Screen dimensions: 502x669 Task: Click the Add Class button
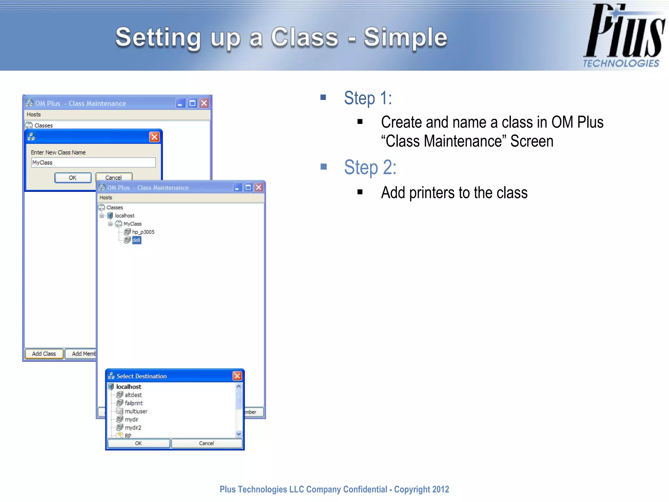[x=44, y=354]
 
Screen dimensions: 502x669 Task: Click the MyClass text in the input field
[x=42, y=162]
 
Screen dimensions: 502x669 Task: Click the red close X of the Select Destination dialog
[x=237, y=376]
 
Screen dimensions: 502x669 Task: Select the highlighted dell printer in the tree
[x=136, y=240]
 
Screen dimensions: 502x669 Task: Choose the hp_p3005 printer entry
[x=143, y=232]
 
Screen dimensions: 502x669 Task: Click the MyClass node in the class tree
[x=132, y=224]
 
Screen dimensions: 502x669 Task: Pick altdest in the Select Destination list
[x=133, y=395]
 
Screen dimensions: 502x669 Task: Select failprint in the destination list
[x=134, y=403]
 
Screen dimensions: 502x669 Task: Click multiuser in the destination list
[x=136, y=411]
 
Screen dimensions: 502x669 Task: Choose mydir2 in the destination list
[x=133, y=427]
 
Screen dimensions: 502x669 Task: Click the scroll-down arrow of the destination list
[x=239, y=434]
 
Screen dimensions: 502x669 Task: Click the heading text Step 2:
[x=370, y=167]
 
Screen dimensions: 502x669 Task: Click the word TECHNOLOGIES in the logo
[x=621, y=63]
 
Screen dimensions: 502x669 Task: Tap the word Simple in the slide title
[x=405, y=37]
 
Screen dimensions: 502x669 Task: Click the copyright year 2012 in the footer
[x=440, y=489]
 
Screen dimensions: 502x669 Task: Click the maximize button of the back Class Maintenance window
[x=192, y=103]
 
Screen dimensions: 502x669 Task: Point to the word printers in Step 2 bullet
[x=432, y=192]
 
